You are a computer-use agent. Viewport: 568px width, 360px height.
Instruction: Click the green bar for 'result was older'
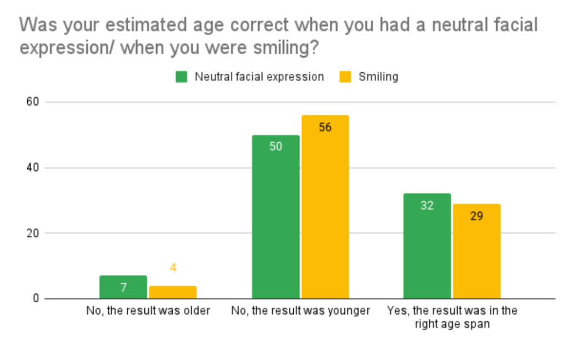coord(123,287)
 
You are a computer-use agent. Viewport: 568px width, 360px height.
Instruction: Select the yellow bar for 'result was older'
coord(173,292)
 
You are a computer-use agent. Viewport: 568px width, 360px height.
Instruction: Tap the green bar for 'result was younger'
coord(275,217)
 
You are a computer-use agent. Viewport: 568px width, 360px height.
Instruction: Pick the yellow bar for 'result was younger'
coord(325,207)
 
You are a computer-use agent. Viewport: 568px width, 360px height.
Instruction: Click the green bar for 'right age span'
coord(427,246)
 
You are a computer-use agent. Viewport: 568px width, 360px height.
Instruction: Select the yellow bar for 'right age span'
coord(476,251)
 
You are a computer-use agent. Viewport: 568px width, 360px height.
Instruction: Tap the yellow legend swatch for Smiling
coord(345,77)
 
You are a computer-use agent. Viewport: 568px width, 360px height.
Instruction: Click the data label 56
coord(325,127)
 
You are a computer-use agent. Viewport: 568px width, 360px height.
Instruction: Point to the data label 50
coord(275,147)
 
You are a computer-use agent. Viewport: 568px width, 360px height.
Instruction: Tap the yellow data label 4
coord(173,268)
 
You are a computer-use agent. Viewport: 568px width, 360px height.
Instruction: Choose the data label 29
coord(476,216)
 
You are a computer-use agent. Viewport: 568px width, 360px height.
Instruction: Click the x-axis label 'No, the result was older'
coord(148,311)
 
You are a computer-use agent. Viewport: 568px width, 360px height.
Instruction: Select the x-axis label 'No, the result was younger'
coord(300,311)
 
